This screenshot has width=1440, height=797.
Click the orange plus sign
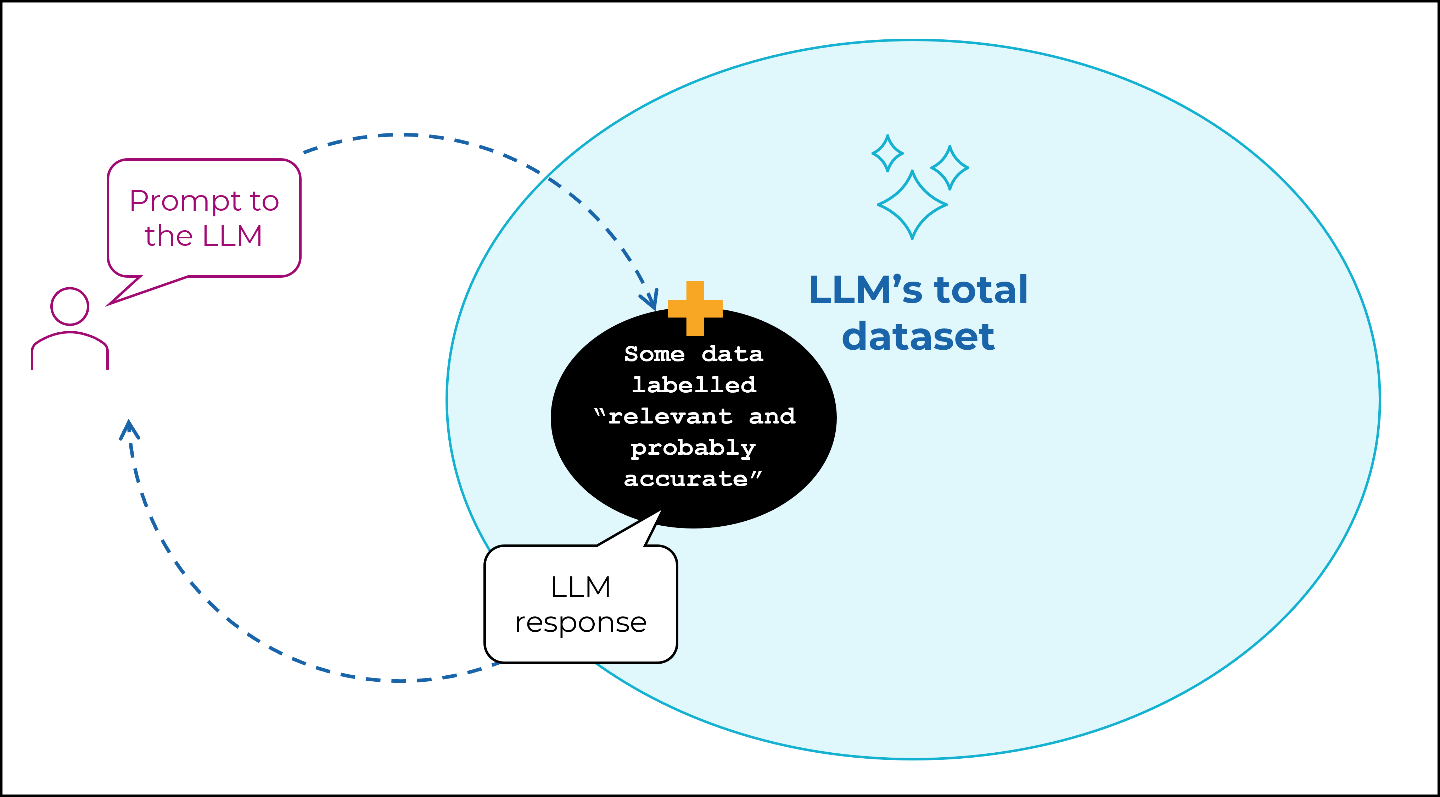(695, 308)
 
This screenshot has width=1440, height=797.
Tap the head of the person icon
(70, 306)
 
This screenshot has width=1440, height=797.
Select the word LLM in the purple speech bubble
(232, 236)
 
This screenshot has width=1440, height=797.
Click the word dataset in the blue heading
(918, 336)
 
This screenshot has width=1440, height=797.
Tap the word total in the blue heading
(981, 290)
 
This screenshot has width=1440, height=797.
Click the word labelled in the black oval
(694, 385)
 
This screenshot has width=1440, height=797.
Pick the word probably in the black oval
(693, 448)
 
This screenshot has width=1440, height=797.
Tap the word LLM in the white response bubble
(581, 587)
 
